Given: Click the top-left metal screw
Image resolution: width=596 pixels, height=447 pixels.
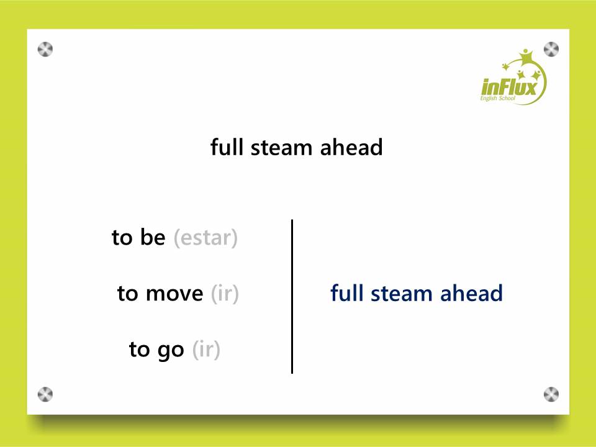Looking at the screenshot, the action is pyautogui.click(x=45, y=50).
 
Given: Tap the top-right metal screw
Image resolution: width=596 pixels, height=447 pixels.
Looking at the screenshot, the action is pyautogui.click(x=551, y=50).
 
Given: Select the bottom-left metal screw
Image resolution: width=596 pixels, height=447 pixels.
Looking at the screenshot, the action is pyautogui.click(x=45, y=395).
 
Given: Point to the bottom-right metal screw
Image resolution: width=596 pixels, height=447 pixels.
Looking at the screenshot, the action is pyautogui.click(x=551, y=395).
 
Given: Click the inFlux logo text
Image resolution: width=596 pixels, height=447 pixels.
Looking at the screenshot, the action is pyautogui.click(x=509, y=87).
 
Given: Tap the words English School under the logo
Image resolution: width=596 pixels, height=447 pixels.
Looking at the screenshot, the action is pyautogui.click(x=497, y=99).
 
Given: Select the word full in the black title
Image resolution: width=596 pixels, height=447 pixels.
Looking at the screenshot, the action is pyautogui.click(x=227, y=147).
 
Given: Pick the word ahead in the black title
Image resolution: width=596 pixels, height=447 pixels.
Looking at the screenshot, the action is pyautogui.click(x=351, y=147).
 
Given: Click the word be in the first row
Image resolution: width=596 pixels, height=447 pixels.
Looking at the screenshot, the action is pyautogui.click(x=153, y=237).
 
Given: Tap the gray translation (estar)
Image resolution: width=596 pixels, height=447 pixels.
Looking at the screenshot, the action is pyautogui.click(x=205, y=238).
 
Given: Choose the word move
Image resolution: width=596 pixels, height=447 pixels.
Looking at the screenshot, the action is pyautogui.click(x=174, y=294).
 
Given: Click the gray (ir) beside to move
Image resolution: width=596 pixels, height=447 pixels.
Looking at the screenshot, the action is pyautogui.click(x=225, y=294).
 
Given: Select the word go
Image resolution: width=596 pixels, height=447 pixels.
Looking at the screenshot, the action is pyautogui.click(x=171, y=350).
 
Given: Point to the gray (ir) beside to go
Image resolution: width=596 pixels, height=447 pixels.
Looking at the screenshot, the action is pyautogui.click(x=206, y=350).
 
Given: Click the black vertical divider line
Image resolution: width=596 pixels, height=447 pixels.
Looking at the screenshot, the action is pyautogui.click(x=292, y=297).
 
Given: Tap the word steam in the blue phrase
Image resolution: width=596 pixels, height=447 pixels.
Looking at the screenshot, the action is pyautogui.click(x=402, y=294).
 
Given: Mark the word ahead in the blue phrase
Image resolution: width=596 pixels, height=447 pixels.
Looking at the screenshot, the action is pyautogui.click(x=471, y=293).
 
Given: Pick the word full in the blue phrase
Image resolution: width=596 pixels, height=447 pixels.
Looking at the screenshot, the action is pyautogui.click(x=346, y=293).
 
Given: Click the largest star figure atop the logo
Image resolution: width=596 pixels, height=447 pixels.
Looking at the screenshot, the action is pyautogui.click(x=526, y=57).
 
